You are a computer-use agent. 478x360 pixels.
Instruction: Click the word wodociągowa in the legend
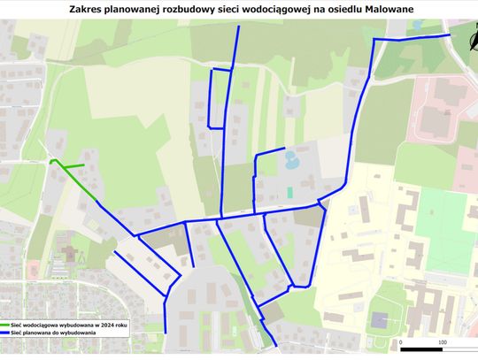pyautogui.click(x=49, y=325)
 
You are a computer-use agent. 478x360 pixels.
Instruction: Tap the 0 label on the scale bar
pyautogui.click(x=401, y=340)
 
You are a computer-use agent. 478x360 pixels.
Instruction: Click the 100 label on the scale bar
pyautogui.click(x=442, y=340)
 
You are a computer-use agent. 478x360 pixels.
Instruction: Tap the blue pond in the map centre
pyautogui.click(x=290, y=160)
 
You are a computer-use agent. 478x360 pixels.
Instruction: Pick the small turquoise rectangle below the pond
pyautogui.click(x=289, y=192)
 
